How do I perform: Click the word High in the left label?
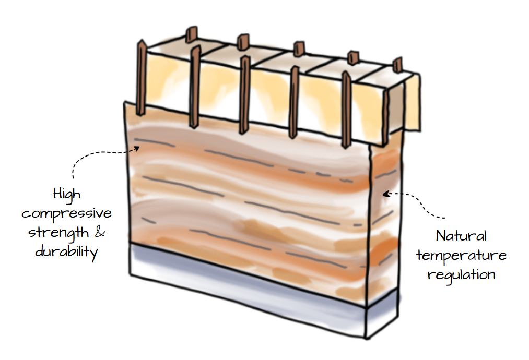click(67, 195)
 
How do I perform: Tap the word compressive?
click(67, 214)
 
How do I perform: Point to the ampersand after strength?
click(99, 232)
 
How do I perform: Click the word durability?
click(67, 251)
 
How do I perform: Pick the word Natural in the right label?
click(461, 236)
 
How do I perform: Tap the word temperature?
click(461, 255)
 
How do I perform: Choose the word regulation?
click(461, 274)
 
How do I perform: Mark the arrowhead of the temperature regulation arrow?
click(385, 194)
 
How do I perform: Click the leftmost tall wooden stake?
click(141, 78)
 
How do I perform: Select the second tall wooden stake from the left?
click(194, 86)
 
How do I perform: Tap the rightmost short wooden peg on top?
click(397, 65)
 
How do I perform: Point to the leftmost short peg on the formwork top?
click(191, 35)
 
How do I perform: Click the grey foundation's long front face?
click(245, 287)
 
